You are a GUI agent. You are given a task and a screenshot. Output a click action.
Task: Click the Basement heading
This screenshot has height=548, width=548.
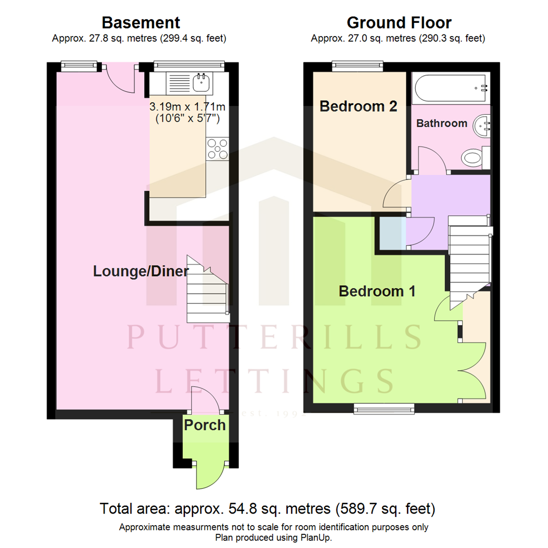click(x=141, y=23)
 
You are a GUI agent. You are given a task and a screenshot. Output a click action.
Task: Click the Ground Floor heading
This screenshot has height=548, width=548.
click(x=399, y=23)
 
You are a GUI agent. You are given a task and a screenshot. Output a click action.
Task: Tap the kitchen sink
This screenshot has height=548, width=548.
click(x=202, y=80)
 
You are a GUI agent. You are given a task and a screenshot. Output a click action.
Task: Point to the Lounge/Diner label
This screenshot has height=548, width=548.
click(x=141, y=271)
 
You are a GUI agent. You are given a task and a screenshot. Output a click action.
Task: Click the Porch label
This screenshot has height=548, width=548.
click(x=204, y=425)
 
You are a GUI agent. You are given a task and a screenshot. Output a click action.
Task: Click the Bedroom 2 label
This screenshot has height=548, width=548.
click(x=358, y=107)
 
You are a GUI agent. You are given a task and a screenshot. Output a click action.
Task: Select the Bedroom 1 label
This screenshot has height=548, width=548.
click(x=377, y=291)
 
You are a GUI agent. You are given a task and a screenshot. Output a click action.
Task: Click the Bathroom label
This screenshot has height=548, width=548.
click(x=441, y=123)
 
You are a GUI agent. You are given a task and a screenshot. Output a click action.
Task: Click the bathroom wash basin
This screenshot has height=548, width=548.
click(x=482, y=124)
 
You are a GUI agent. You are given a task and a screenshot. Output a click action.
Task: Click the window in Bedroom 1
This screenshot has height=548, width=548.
click(x=384, y=408)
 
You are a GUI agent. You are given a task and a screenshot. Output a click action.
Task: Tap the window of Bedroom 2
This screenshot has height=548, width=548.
click(x=357, y=66)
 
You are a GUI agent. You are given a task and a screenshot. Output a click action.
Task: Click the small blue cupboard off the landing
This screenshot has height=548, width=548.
click(x=392, y=233)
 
